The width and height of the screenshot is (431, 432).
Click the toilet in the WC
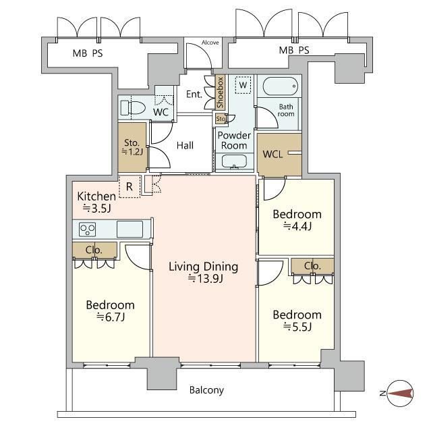tap(133, 108)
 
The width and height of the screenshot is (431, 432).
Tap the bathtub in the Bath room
tap(280, 86)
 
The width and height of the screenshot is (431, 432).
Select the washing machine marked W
tap(243, 85)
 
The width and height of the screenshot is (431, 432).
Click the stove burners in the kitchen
tap(87, 230)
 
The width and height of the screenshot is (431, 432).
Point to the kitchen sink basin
tap(130, 229)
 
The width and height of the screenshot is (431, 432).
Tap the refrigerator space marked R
tap(130, 186)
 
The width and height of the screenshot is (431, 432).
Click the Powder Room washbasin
tap(234, 161)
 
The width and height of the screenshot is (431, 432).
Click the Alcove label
tap(210, 43)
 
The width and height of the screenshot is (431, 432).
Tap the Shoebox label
tap(220, 92)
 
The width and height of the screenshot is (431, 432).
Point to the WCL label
tap(272, 154)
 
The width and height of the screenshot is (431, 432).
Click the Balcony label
tap(206, 390)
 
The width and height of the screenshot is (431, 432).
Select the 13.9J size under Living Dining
tap(205, 279)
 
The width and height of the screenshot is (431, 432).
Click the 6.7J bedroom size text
tap(111, 317)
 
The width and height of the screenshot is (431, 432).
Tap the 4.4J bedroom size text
tap(297, 226)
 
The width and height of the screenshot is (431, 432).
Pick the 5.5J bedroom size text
tap(297, 327)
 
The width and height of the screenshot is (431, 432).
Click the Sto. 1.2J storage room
tap(132, 147)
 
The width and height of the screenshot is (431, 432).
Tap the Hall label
tap(185, 146)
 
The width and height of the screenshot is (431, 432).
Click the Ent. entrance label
tap(194, 94)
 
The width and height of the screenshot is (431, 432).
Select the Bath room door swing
tap(266, 118)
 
